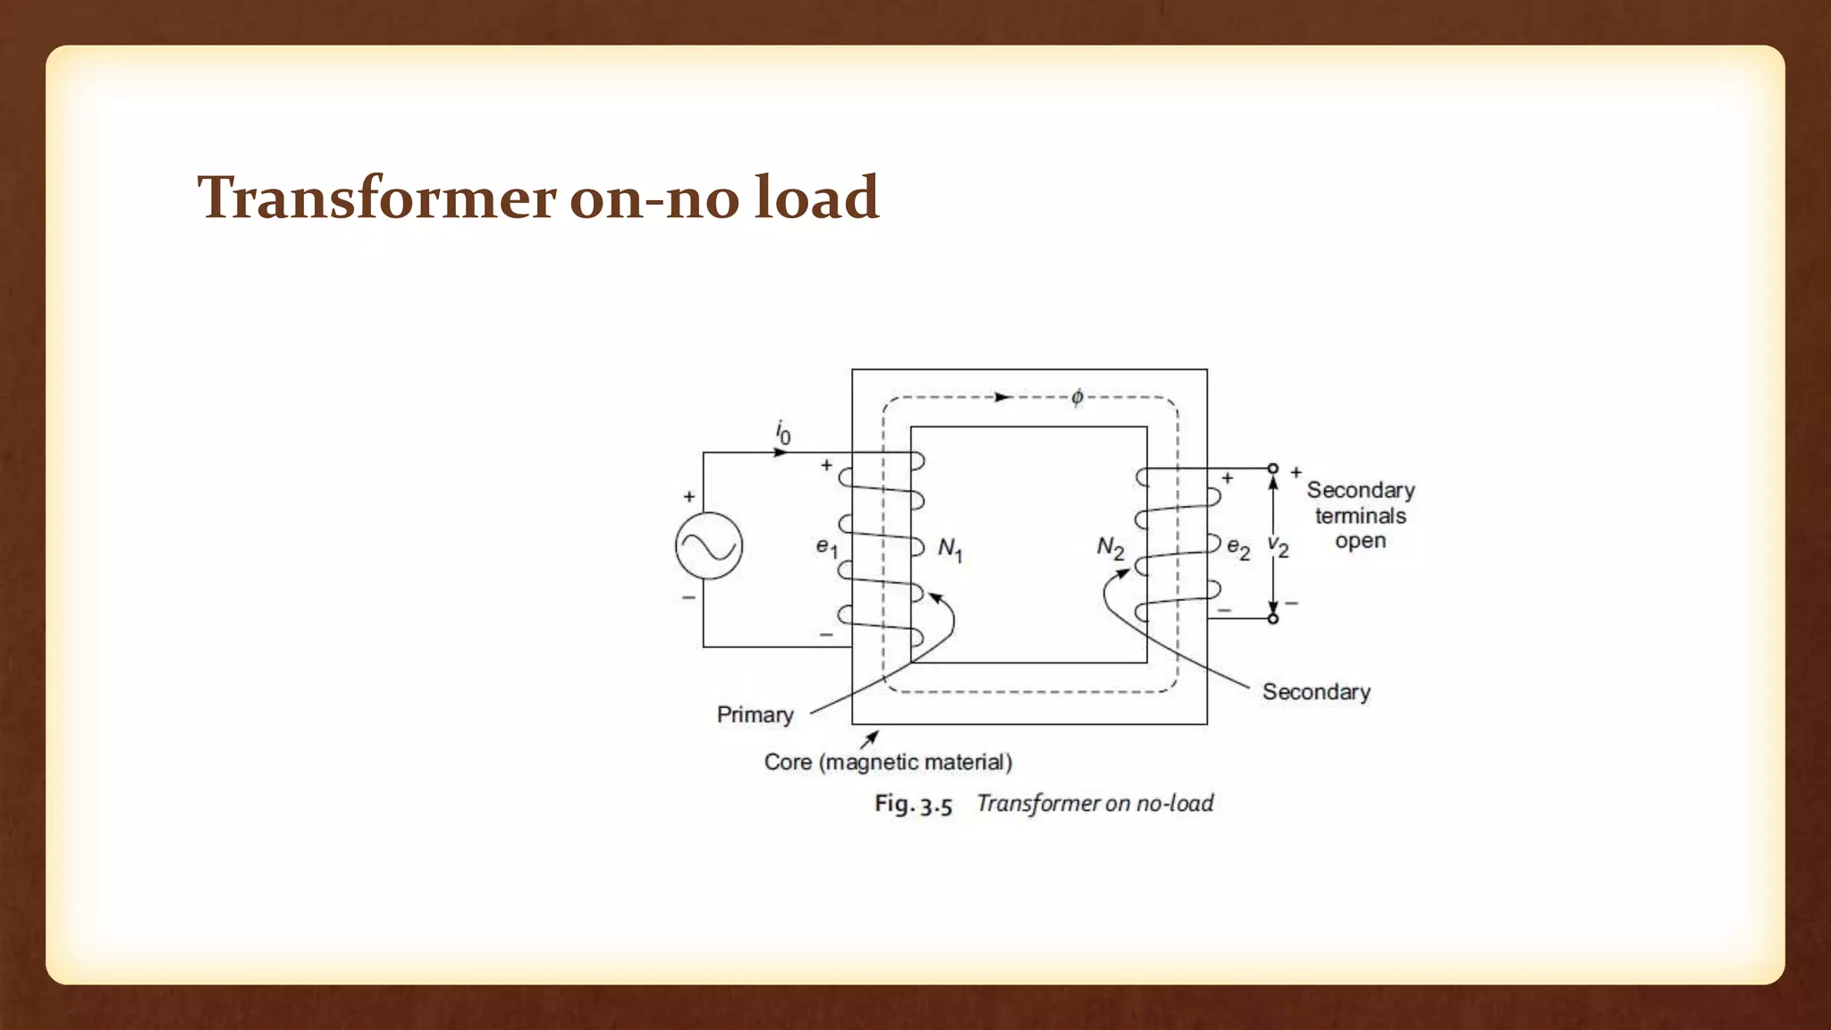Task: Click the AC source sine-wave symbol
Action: [x=709, y=545]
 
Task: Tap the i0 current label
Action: [x=782, y=433]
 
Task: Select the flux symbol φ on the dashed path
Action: [x=1077, y=397]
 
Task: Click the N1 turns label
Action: [x=949, y=549]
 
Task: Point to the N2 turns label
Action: [x=1110, y=547]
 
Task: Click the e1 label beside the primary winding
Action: [x=827, y=547]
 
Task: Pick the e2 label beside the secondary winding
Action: [x=1238, y=547]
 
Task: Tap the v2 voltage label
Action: [x=1278, y=547]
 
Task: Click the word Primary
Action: [x=755, y=714]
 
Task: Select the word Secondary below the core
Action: [x=1316, y=692]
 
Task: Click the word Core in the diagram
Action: [x=788, y=762]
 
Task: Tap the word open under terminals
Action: [x=1360, y=541]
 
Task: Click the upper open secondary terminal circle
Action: [x=1273, y=469]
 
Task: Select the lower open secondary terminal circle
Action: [x=1273, y=619]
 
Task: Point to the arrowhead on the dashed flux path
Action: [x=1003, y=397]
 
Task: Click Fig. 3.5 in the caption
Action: [x=913, y=804]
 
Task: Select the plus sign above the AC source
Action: [x=689, y=497]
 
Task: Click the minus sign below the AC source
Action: [x=689, y=596]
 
